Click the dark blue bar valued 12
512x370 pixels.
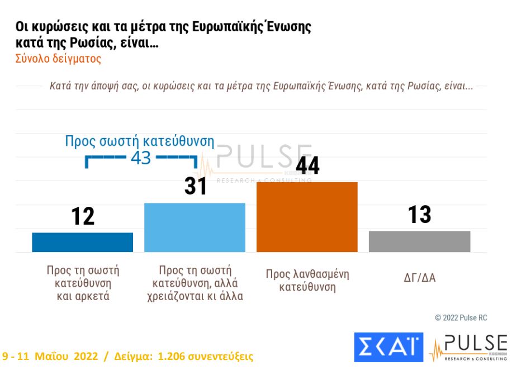[82, 242]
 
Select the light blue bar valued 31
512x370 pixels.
[195, 227]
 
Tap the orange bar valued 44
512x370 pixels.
[307, 217]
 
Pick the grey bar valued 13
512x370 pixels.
[419, 241]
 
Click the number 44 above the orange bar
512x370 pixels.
[307, 165]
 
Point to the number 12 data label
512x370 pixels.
[83, 216]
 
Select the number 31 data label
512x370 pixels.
[196, 186]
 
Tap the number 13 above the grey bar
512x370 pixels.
[419, 214]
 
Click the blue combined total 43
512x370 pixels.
[140, 158]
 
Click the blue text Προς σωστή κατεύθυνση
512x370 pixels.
[139, 141]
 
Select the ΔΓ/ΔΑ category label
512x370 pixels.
[419, 277]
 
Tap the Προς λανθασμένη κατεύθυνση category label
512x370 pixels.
[307, 281]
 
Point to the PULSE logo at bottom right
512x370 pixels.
[468, 347]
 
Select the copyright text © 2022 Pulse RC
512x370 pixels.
[461, 317]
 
